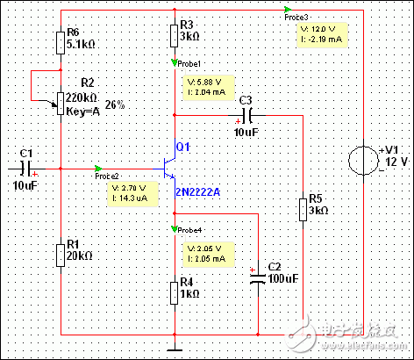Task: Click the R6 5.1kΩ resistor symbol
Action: coord(60,42)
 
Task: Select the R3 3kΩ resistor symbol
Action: coord(175,35)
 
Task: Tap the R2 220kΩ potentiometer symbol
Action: coord(59,104)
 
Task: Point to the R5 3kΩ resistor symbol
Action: coord(301,211)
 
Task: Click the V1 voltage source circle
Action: coord(361,162)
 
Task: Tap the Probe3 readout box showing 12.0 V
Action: coord(321,35)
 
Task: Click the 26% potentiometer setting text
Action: coord(115,104)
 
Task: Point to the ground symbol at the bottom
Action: coord(175,349)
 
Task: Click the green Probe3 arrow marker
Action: coord(289,11)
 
